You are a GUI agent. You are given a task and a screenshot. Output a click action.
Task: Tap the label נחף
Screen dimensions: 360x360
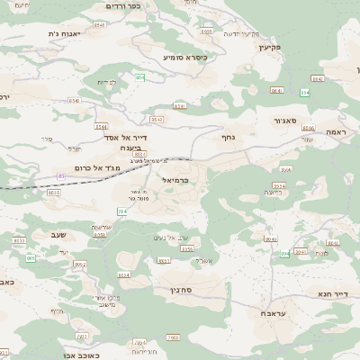[x=229, y=138]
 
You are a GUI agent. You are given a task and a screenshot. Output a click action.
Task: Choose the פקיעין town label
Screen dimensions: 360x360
[x=270, y=46]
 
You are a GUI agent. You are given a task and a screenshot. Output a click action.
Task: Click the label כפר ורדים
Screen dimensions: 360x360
[x=124, y=6]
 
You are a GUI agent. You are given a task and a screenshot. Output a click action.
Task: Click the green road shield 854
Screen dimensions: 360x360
[x=140, y=78]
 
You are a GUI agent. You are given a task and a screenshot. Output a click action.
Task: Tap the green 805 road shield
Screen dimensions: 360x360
[x=31, y=258]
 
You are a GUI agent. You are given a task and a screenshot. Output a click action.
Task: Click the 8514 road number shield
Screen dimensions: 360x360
[x=278, y=185]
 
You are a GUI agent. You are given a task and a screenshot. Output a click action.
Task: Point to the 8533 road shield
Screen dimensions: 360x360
[x=54, y=192]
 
